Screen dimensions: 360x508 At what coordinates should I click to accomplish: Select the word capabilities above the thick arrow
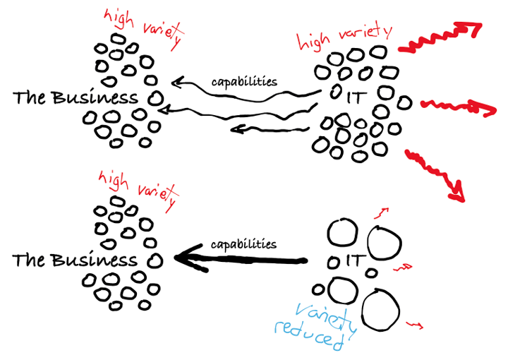pos(244,244)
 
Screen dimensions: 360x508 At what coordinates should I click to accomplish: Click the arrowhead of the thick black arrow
pos(186,258)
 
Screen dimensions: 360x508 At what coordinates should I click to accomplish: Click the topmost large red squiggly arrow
pos(441,40)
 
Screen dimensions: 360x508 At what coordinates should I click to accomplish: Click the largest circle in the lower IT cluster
pos(381,310)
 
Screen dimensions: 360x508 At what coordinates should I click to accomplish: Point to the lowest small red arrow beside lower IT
pos(415,324)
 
